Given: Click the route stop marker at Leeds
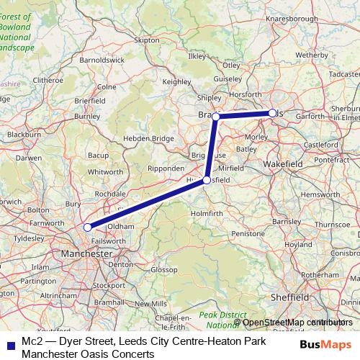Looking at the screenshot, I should pos(272,113).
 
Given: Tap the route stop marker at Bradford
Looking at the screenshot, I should pos(215,116).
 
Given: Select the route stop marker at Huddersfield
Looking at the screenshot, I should pos(207,180).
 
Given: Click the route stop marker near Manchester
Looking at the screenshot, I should pos(88,227).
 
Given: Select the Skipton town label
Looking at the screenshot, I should pos(147,41).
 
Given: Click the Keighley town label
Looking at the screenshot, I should pos(176,82).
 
